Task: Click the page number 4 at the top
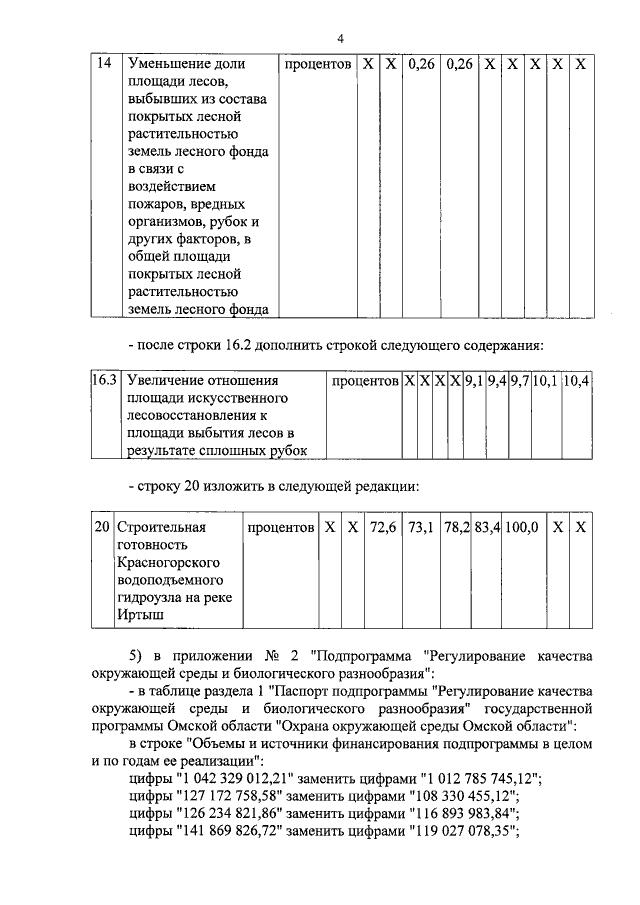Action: pos(340,39)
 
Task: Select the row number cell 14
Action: pos(102,63)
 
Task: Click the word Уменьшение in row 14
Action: pos(174,63)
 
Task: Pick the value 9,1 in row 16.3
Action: pos(473,381)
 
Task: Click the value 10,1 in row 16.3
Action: pos(546,381)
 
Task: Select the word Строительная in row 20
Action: pos(161,527)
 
